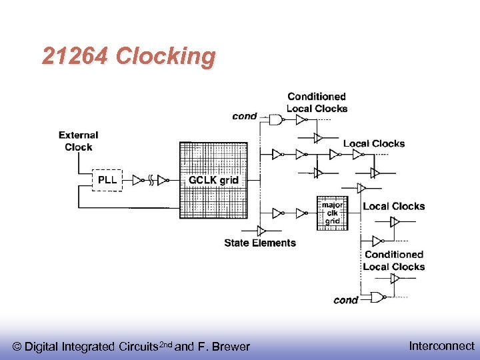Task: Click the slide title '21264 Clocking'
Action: coord(129,57)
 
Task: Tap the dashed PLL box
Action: coord(107,180)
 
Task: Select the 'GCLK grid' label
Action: coord(213,180)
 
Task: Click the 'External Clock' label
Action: coord(79,141)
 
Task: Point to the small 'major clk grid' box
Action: coord(332,213)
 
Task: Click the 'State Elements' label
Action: coord(260,243)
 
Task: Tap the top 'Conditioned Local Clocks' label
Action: coord(317,103)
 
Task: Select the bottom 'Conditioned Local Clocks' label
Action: coord(394,261)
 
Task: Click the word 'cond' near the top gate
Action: coord(245,116)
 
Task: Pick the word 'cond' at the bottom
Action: coord(346,300)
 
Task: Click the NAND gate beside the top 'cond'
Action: coord(275,121)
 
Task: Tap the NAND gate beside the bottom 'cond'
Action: coord(377,297)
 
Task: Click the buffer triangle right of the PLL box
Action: coord(137,180)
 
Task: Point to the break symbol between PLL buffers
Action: coord(152,180)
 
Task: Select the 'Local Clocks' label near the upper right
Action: coord(373,143)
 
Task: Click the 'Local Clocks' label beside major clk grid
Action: coord(393,207)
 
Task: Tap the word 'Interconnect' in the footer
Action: coord(441,345)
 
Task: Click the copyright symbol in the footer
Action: coord(17,347)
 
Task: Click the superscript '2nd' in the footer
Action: coord(164,343)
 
